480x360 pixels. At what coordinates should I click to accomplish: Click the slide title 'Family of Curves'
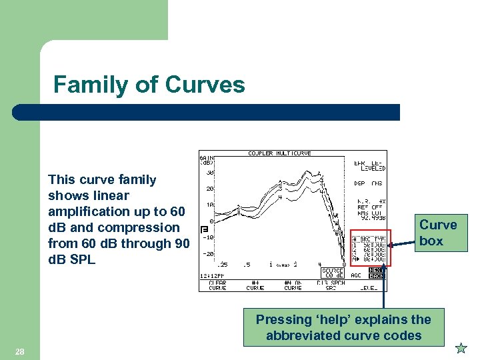[149, 85]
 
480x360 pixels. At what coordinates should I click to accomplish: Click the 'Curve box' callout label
[438, 233]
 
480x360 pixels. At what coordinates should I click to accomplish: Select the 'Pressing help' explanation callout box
[343, 327]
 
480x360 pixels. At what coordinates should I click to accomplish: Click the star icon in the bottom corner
[460, 348]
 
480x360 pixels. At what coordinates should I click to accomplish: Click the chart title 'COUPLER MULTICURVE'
[279, 153]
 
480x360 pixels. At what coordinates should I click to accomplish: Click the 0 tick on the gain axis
[211, 221]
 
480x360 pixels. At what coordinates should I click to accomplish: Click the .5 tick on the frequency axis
[247, 265]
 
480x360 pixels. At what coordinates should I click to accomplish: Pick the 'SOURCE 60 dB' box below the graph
[333, 273]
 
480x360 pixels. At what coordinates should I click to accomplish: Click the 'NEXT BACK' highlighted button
[377, 273]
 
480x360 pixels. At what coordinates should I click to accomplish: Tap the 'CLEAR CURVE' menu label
[217, 285]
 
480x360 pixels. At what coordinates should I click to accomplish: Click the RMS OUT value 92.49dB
[370, 217]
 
